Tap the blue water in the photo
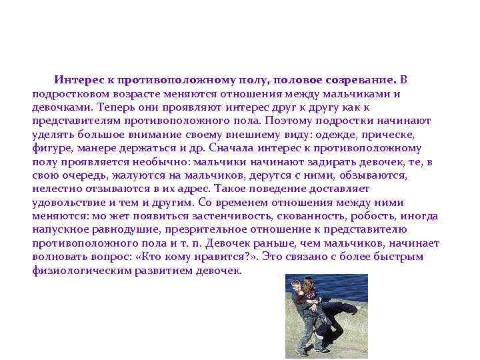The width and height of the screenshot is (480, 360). click(347, 287)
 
